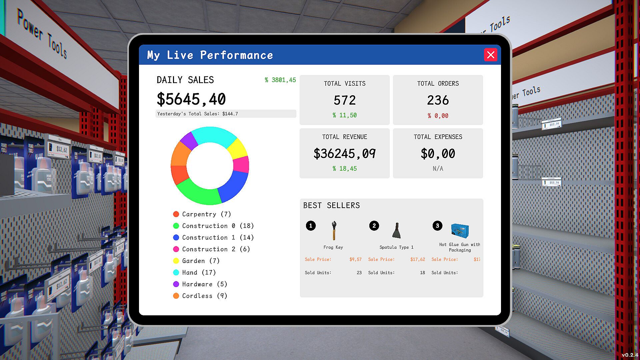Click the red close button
(x=490, y=55)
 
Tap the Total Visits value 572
(x=345, y=100)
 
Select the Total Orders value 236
(x=438, y=100)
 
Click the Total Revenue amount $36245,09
(x=344, y=154)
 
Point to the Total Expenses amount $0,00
(x=438, y=154)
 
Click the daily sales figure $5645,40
(x=191, y=99)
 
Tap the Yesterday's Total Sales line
(x=198, y=114)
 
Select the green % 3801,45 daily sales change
(x=280, y=80)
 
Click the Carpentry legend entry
(x=202, y=214)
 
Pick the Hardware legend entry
(x=200, y=284)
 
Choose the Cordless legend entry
(x=200, y=296)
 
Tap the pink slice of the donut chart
(x=241, y=164)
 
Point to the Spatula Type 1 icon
(x=396, y=230)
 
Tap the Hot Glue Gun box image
(x=460, y=230)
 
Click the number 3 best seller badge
(x=437, y=226)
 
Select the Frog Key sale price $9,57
(x=355, y=259)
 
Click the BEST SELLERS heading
(x=331, y=206)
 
